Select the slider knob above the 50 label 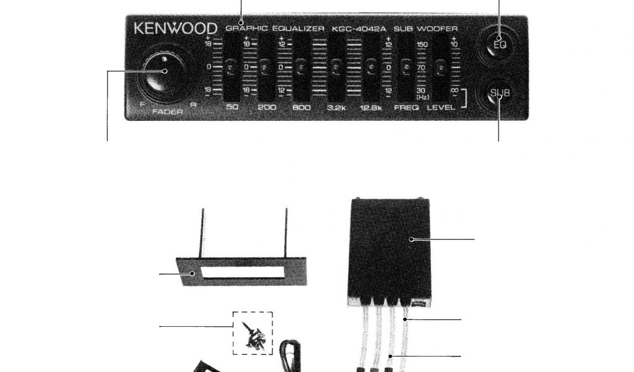[230, 66]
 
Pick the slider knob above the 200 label [266, 66]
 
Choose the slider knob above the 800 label [301, 66]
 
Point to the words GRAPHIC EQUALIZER [275, 29]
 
